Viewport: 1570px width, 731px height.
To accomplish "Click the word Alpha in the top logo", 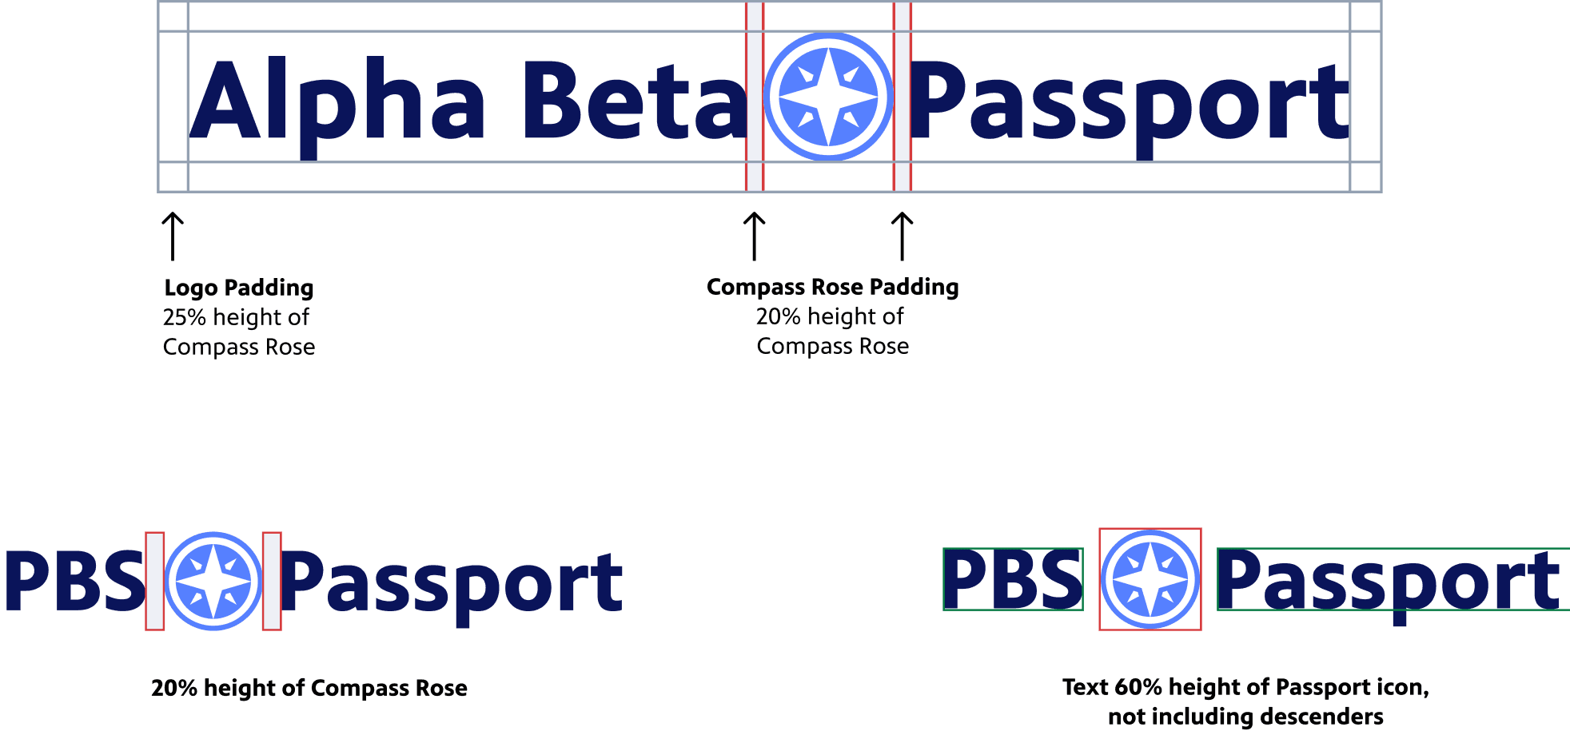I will pyautogui.click(x=337, y=101).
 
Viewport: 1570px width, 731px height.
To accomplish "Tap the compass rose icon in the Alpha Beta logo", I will pyautogui.click(x=828, y=97).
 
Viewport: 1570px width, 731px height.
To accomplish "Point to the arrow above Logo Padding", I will pyautogui.click(x=173, y=236).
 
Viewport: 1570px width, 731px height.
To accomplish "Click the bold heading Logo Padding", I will pyautogui.click(x=238, y=288).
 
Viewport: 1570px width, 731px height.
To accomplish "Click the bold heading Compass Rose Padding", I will pyautogui.click(x=832, y=287).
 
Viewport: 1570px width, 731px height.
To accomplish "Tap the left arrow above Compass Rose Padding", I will pyautogui.click(x=754, y=236).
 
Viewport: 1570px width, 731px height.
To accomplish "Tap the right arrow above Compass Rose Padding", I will pyautogui.click(x=902, y=236).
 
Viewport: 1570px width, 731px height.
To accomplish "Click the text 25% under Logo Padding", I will pyautogui.click(x=185, y=317).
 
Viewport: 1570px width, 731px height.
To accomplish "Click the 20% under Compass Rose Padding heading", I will pyautogui.click(x=778, y=316).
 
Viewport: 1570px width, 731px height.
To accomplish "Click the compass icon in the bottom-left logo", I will pyautogui.click(x=213, y=581).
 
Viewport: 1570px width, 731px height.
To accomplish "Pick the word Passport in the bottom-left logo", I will pyautogui.click(x=452, y=583).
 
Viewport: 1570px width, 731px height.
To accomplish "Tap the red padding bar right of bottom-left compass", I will pyautogui.click(x=272, y=581).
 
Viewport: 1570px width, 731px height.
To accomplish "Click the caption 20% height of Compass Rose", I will pyautogui.click(x=309, y=688).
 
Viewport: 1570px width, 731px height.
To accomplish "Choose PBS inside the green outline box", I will pyautogui.click(x=1013, y=579).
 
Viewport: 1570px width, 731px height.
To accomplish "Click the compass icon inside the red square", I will pyautogui.click(x=1150, y=579).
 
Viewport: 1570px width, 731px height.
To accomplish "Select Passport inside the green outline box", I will pyautogui.click(x=1389, y=581).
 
